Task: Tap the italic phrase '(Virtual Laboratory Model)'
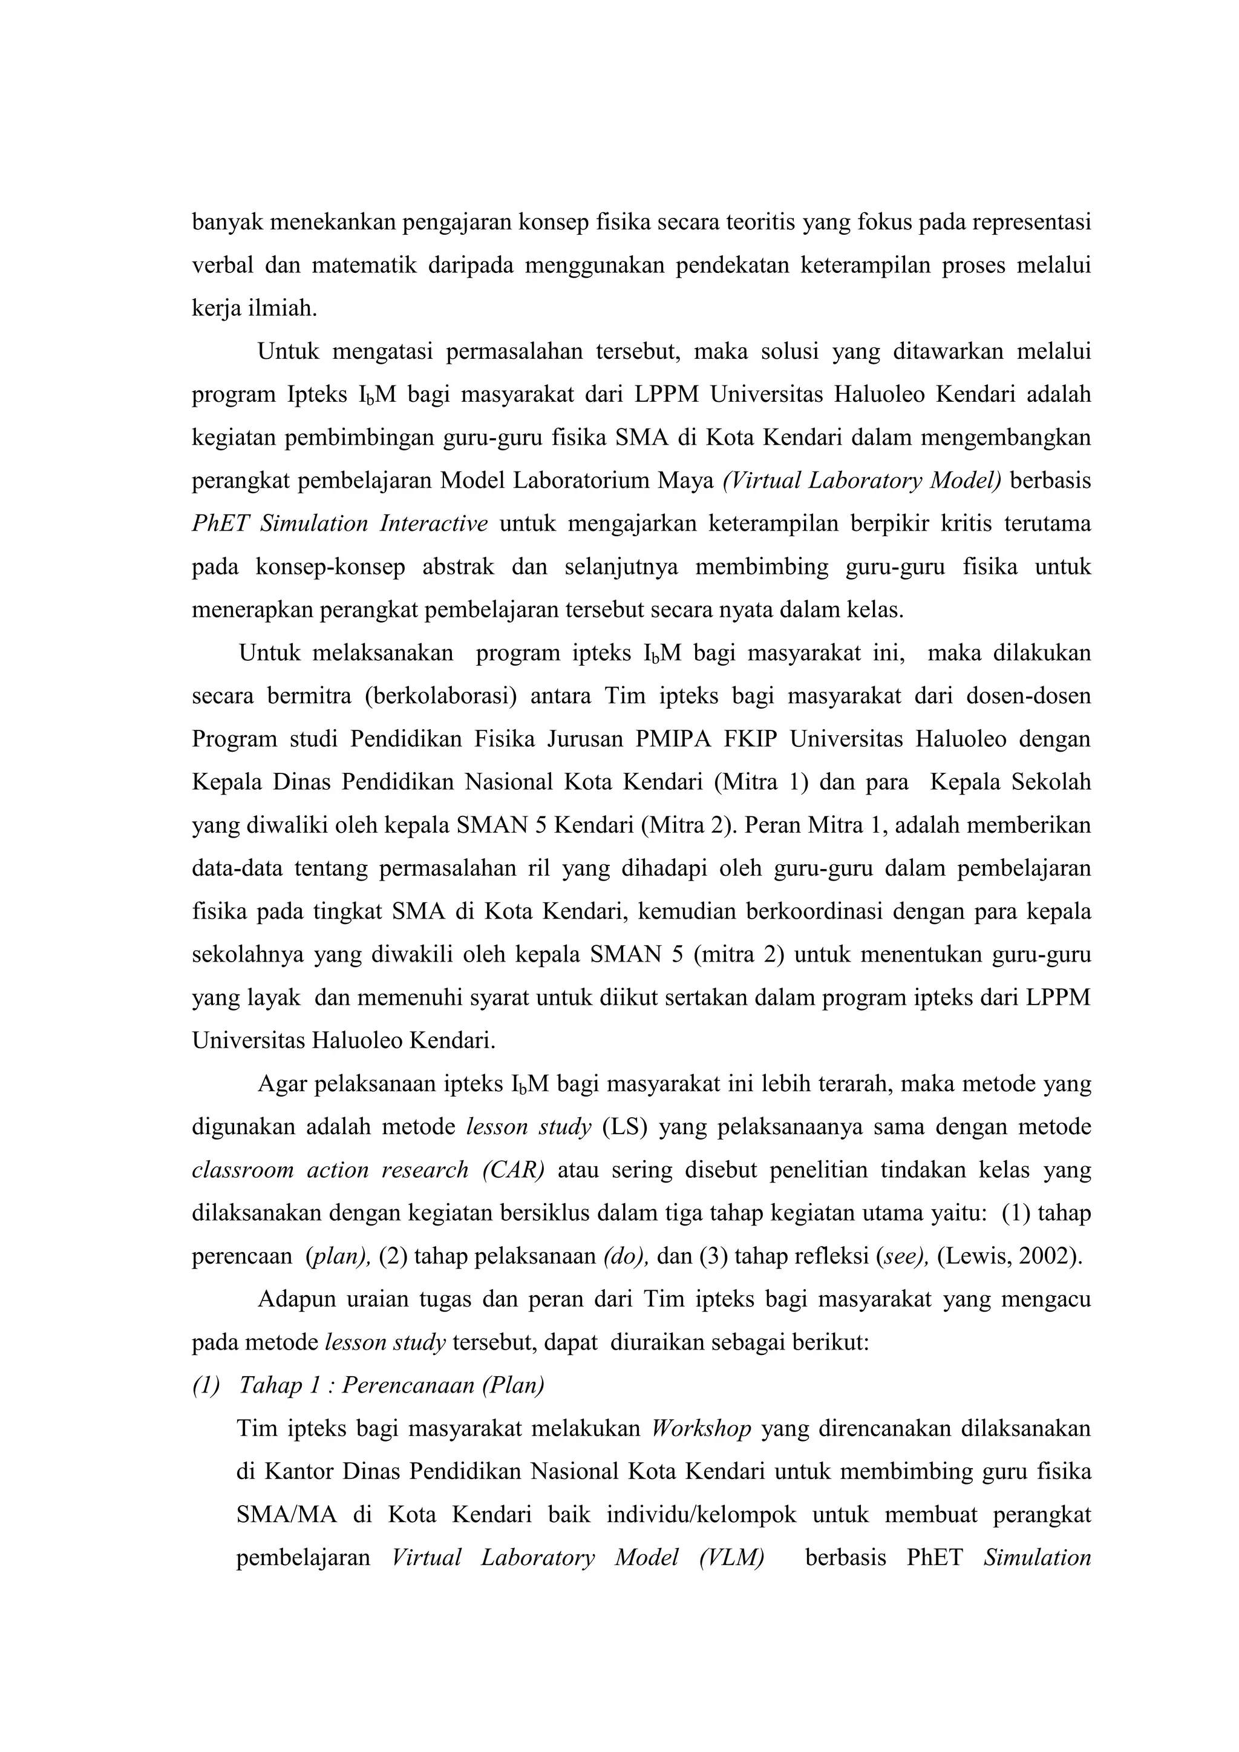click(x=861, y=481)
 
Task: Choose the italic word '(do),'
click(x=626, y=1256)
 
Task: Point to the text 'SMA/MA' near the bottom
click(x=286, y=1515)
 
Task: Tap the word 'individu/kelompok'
click(x=701, y=1515)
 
